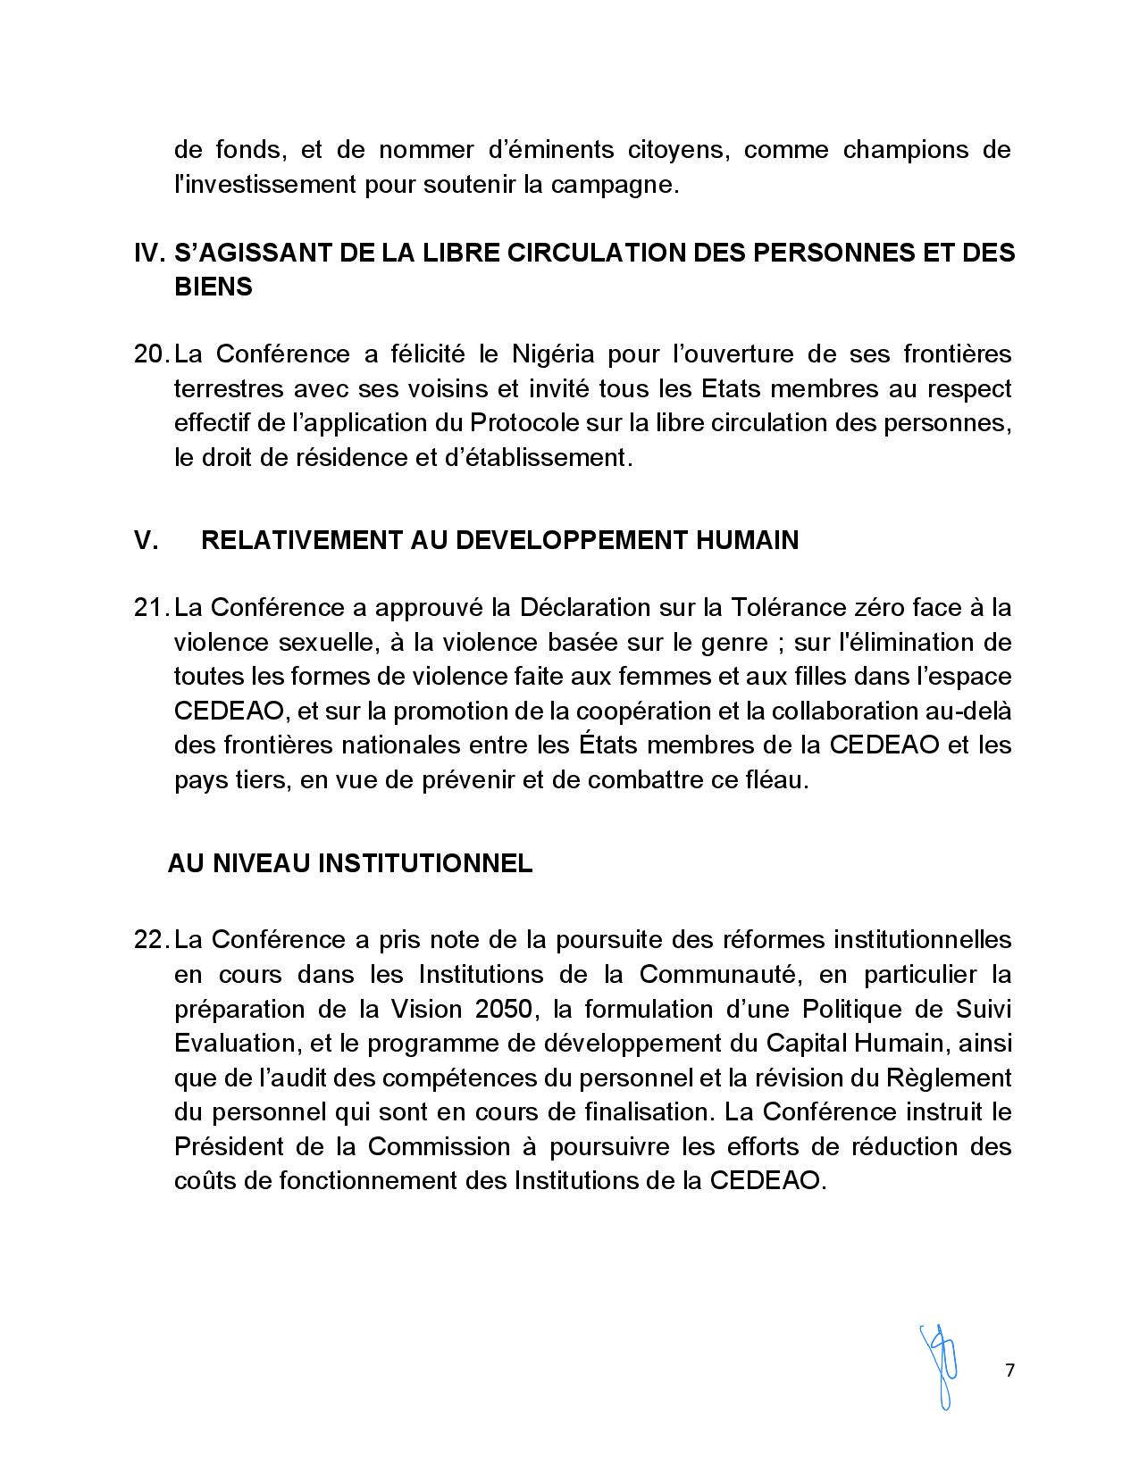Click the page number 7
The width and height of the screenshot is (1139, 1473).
coord(1009,1370)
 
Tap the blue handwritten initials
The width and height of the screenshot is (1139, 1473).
coord(939,1367)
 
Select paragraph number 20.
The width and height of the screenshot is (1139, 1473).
coord(151,354)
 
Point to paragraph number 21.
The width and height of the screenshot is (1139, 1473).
coord(151,608)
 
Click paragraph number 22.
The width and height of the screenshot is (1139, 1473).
coord(151,940)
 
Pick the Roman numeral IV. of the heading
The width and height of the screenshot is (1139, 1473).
coord(149,253)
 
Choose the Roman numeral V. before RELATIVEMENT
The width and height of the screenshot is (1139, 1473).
coord(146,540)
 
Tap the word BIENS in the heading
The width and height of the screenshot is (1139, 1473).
coord(214,287)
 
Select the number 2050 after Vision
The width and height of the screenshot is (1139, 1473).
coord(507,1009)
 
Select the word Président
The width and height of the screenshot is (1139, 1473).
coord(230,1146)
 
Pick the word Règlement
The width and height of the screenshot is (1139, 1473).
coord(949,1078)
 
